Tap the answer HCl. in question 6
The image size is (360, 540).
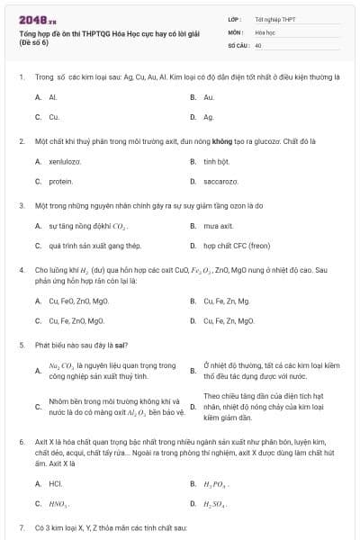point(55,483)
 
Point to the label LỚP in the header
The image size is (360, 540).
point(235,18)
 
